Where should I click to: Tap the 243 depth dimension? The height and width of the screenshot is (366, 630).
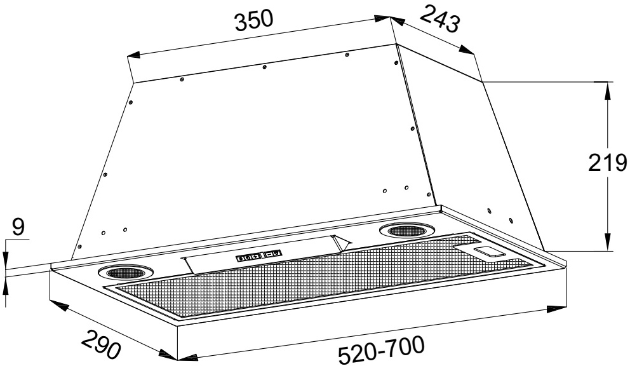[439, 18]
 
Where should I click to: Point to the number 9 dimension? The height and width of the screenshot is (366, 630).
[18, 227]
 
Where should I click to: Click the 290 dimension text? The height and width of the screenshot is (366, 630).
[101, 344]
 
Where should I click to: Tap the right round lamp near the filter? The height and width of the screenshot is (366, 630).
[406, 231]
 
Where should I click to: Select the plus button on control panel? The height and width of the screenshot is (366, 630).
[254, 257]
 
